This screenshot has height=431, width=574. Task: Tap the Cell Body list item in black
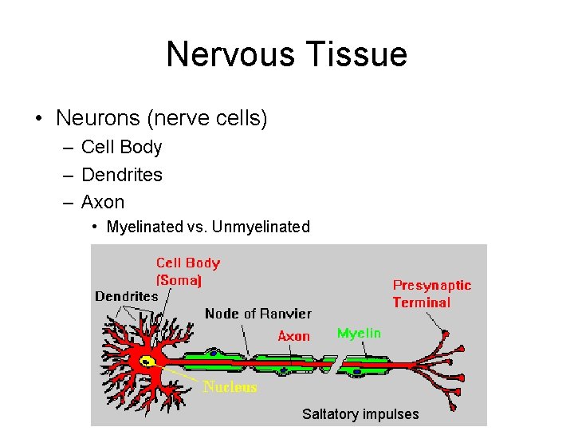pyautogui.click(x=121, y=148)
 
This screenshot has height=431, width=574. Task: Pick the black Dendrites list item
pyautogui.click(x=121, y=175)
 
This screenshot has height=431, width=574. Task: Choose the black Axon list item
pyautogui.click(x=103, y=202)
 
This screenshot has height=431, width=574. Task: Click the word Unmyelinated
pyautogui.click(x=261, y=227)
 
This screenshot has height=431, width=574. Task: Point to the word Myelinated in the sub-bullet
pyautogui.click(x=144, y=227)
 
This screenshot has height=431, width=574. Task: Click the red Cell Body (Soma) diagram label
pyautogui.click(x=187, y=271)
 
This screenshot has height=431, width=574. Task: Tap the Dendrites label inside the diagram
pyautogui.click(x=127, y=296)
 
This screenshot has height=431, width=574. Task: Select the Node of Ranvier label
pyautogui.click(x=258, y=314)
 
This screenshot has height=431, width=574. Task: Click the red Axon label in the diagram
pyautogui.click(x=293, y=336)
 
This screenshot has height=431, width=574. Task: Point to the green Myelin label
pyautogui.click(x=359, y=333)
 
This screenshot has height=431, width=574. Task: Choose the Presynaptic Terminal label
pyautogui.click(x=431, y=294)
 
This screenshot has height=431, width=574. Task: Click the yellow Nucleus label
pyautogui.click(x=230, y=387)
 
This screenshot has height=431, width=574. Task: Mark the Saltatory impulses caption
pyautogui.click(x=360, y=413)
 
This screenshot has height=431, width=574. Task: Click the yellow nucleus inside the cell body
pyautogui.click(x=147, y=362)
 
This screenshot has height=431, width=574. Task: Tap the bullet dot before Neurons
pyautogui.click(x=38, y=119)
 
